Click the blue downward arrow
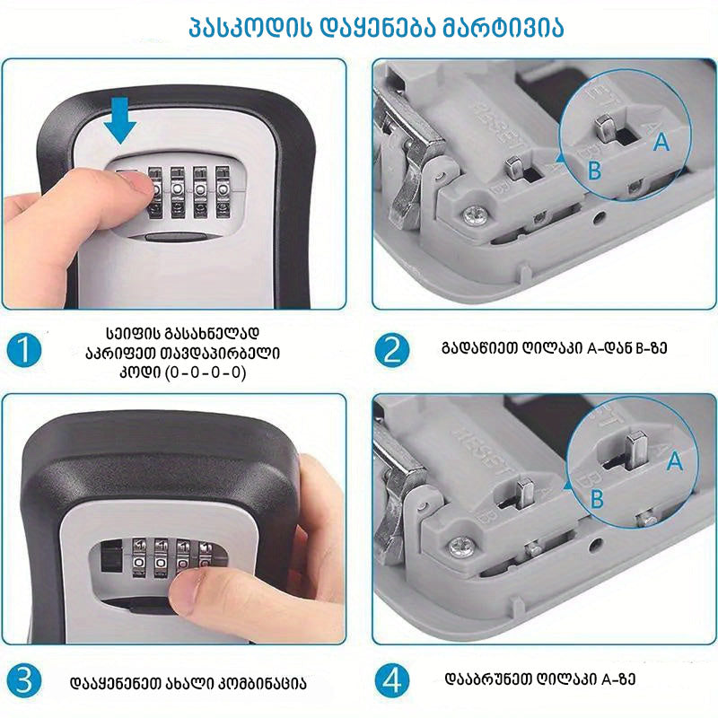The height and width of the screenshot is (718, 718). [x=120, y=120]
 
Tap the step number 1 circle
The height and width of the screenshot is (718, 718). [x=24, y=350]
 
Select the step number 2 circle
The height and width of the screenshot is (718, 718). [x=392, y=350]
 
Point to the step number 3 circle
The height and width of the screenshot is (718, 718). [x=24, y=680]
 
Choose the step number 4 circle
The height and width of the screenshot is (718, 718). [x=392, y=680]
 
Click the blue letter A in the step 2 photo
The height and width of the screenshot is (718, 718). [x=661, y=141]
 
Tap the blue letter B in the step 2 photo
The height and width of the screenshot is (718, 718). [x=594, y=171]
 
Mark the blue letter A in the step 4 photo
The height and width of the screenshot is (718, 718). [x=675, y=460]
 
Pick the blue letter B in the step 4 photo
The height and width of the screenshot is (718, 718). [x=597, y=499]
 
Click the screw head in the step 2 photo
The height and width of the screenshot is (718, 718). [x=475, y=215]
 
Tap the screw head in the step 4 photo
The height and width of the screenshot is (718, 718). [x=461, y=547]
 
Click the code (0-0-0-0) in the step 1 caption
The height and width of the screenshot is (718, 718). [x=206, y=372]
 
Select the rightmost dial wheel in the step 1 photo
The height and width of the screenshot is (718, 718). [x=223, y=191]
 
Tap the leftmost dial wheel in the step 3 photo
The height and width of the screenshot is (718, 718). [x=139, y=557]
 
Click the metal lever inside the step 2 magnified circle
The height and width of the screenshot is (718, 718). [x=604, y=128]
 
